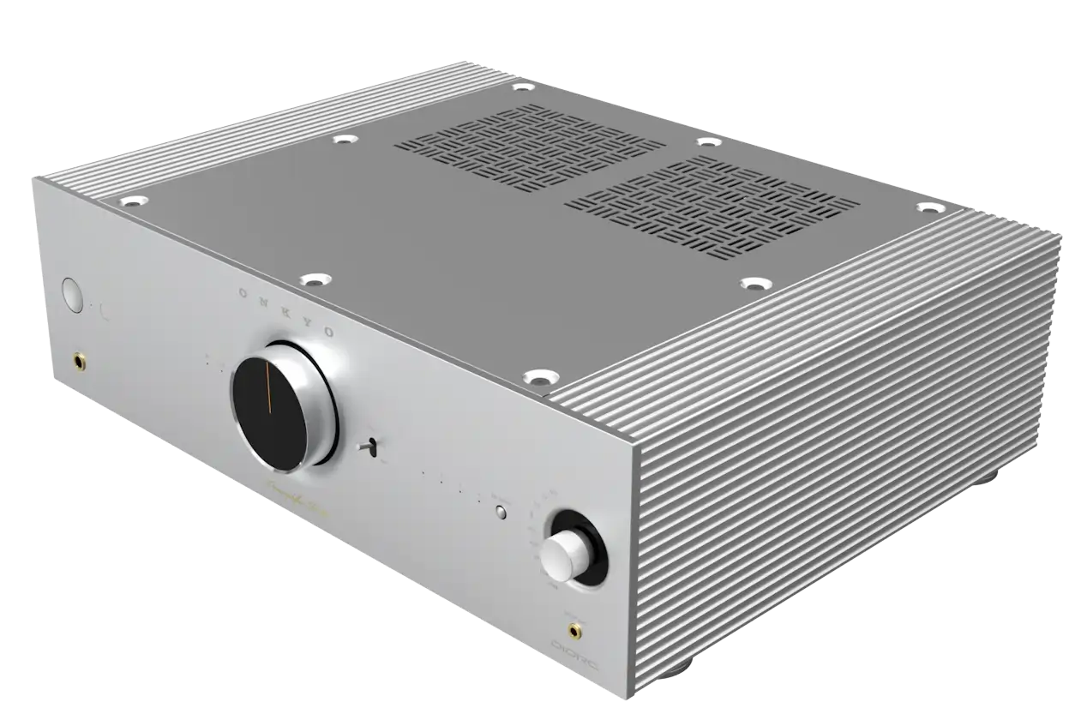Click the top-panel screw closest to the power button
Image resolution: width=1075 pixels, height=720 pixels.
tap(133, 201)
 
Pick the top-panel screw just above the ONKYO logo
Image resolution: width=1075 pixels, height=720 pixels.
tap(314, 279)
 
